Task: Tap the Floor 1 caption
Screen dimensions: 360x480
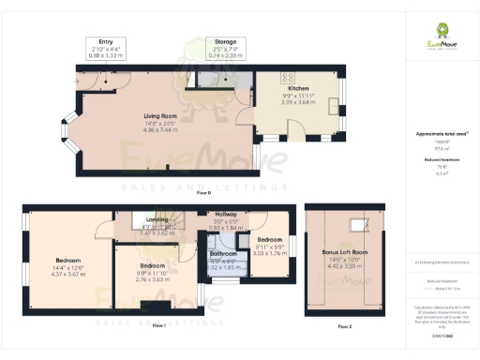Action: (157, 325)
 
